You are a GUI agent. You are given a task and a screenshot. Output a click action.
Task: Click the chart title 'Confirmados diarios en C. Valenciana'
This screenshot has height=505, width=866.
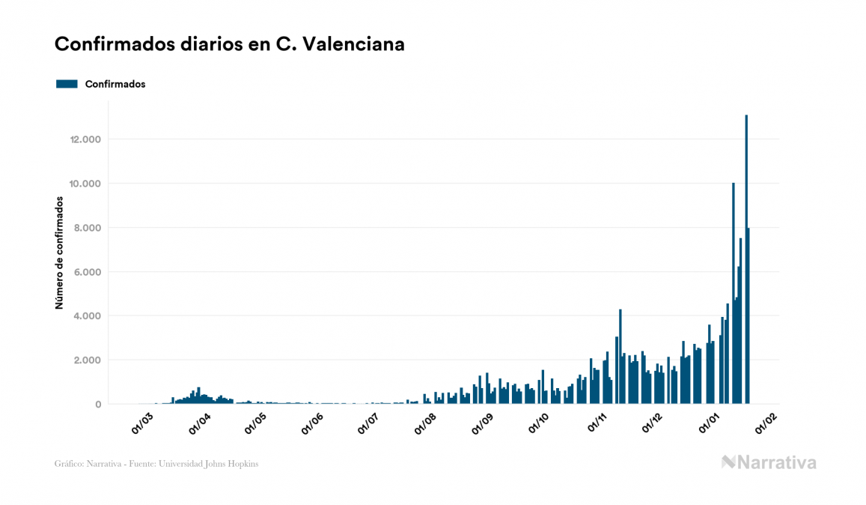click(x=230, y=44)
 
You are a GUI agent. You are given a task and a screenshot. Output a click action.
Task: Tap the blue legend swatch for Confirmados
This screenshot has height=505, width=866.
click(x=67, y=84)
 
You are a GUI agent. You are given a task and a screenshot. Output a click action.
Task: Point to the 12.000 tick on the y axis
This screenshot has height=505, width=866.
click(x=85, y=139)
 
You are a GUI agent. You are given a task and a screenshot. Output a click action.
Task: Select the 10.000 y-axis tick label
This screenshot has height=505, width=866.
click(x=85, y=184)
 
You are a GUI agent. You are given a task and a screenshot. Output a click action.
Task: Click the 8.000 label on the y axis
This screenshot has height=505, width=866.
click(x=87, y=228)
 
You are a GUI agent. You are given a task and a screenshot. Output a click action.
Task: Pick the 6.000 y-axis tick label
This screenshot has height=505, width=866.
click(x=87, y=272)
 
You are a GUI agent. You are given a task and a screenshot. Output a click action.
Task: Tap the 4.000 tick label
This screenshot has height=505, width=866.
click(x=87, y=316)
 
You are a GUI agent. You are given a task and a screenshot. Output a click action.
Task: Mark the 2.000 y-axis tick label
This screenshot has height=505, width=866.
click(x=87, y=360)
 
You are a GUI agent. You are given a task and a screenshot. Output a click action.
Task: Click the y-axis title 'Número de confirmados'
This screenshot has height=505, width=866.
click(x=59, y=254)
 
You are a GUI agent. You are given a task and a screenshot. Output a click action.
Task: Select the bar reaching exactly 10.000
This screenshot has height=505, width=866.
click(x=734, y=292)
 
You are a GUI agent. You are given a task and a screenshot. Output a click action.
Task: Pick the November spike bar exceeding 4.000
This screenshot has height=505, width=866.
click(x=620, y=356)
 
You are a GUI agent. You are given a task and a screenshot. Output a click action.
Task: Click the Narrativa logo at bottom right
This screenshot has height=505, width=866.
click(x=769, y=462)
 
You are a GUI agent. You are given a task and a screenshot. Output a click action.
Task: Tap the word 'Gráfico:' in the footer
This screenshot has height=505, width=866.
click(x=68, y=464)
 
